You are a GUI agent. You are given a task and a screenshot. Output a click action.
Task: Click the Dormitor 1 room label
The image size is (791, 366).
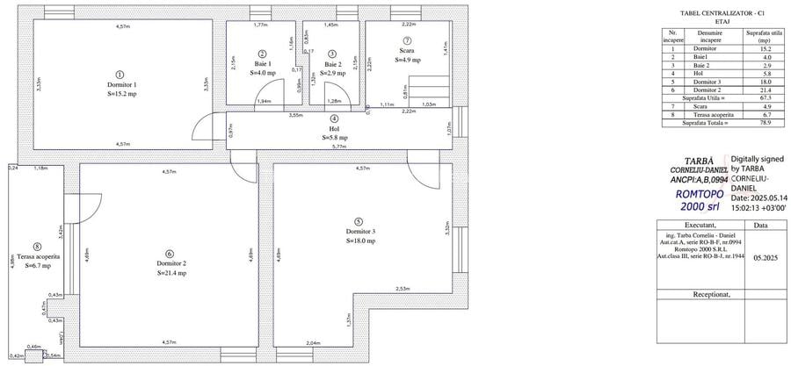point(122,83)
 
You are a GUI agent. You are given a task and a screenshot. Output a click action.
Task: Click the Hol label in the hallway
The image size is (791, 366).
point(334,128)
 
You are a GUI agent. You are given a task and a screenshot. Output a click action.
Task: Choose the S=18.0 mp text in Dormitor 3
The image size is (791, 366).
point(360,240)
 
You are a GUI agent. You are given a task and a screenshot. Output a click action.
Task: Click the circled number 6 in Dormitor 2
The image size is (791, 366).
point(170,254)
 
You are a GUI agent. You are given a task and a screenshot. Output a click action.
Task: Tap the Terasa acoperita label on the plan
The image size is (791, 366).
point(35,255)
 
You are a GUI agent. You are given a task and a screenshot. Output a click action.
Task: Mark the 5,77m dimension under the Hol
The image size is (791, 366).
point(339,147)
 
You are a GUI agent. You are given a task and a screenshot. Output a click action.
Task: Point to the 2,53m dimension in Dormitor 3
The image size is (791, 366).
point(403,288)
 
